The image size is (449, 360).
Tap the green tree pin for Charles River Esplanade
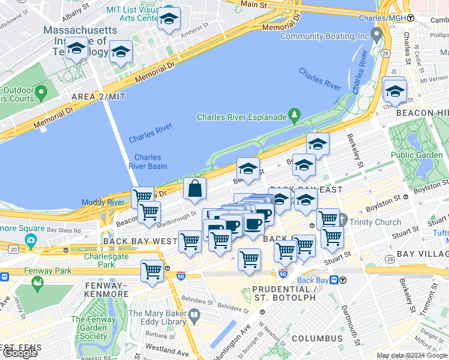pos(294,113)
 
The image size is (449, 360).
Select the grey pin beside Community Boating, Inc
pos(376,35)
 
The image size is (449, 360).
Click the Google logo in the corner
pos(20,352)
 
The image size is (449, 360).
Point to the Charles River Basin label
pos(147,162)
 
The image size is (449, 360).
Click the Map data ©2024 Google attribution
pos(412,355)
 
